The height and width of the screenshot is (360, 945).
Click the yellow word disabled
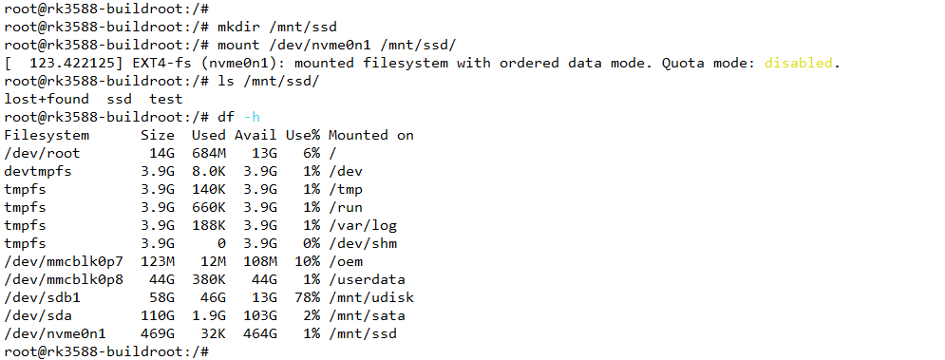click(799, 64)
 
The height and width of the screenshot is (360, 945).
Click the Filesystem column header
click(47, 135)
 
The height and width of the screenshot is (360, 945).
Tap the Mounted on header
click(370, 135)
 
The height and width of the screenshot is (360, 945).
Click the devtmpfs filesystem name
click(39, 171)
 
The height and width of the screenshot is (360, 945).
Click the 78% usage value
click(304, 297)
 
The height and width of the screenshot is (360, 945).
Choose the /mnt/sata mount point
click(367, 315)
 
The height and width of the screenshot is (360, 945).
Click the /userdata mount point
click(367, 279)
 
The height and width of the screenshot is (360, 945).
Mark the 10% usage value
click(304, 261)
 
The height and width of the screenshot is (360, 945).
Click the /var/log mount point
click(363, 225)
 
